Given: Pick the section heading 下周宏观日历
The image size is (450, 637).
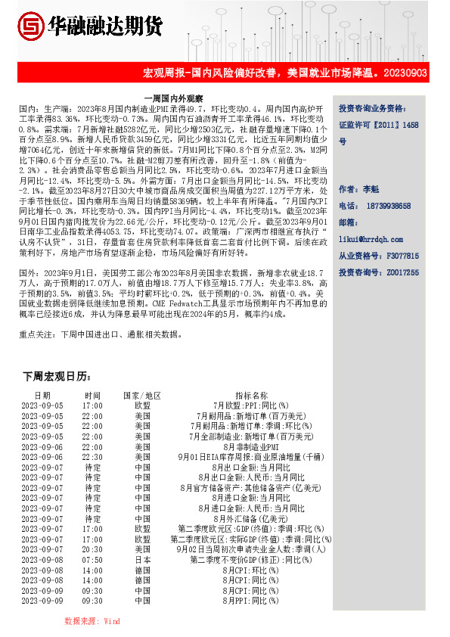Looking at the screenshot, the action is click(57, 377).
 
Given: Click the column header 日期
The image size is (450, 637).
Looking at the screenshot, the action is click(42, 396).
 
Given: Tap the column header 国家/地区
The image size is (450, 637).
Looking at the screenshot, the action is click(142, 396).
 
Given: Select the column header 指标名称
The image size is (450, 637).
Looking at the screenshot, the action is click(251, 396).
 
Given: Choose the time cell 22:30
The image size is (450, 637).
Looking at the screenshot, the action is click(92, 457).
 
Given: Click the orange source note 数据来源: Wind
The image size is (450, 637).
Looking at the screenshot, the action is click(92, 620).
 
